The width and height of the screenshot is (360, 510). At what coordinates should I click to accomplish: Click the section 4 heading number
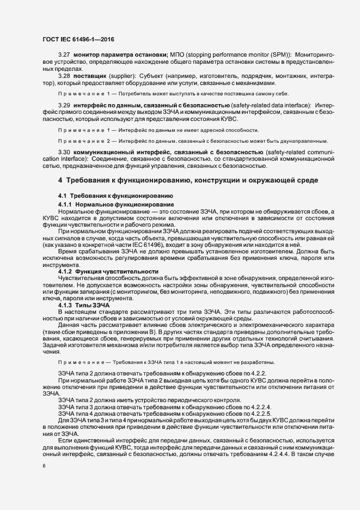pos(60,180)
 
